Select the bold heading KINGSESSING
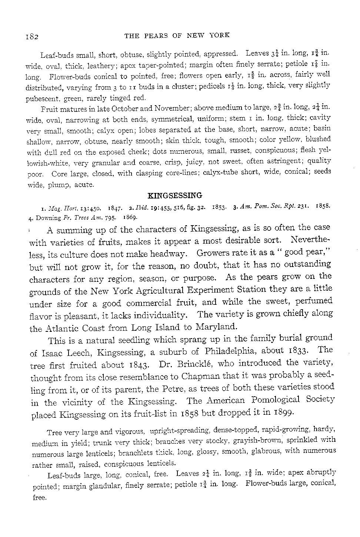click(174, 195)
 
